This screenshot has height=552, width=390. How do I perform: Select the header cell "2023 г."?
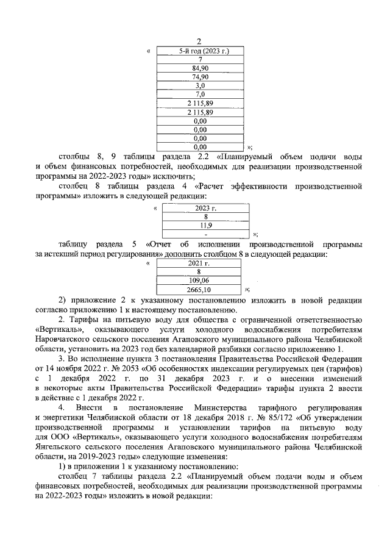[x=206, y=208]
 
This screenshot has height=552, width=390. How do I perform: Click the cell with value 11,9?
[x=206, y=225]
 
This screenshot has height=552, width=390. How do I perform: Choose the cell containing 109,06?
[x=199, y=281]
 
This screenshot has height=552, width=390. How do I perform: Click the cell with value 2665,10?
[x=199, y=290]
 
